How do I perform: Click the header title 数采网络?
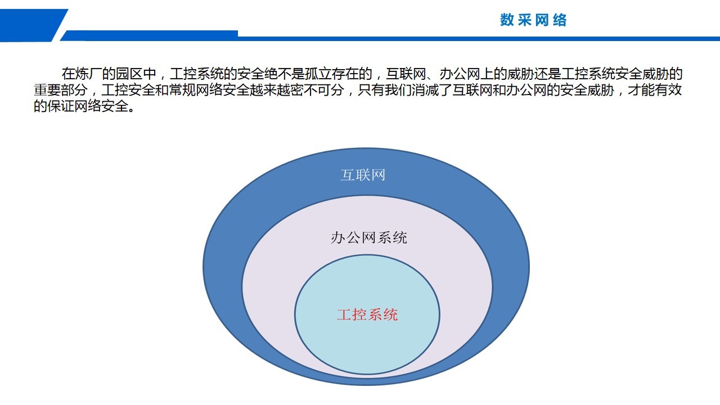pyautogui.click(x=533, y=20)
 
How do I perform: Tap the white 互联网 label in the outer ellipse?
pyautogui.click(x=363, y=175)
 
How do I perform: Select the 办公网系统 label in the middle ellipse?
pyautogui.click(x=369, y=238)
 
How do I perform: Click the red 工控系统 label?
pyautogui.click(x=367, y=314)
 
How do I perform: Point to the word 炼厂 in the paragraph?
pyautogui.click(x=89, y=74)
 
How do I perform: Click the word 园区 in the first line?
pyautogui.click(x=129, y=74)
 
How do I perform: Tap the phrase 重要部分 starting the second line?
pyautogui.click(x=61, y=90)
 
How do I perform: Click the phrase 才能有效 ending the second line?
pyautogui.click(x=655, y=90)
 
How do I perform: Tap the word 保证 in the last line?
pyautogui.click(x=61, y=106)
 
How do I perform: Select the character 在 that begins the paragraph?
pyautogui.click(x=69, y=74)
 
